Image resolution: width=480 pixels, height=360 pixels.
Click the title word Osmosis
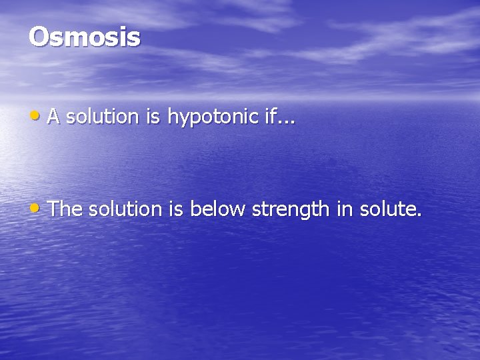tap(85, 37)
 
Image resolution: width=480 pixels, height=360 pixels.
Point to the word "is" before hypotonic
tap(152, 117)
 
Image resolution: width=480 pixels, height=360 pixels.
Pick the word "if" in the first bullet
tap(268, 117)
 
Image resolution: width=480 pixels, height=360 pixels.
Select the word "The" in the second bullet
tap(65, 209)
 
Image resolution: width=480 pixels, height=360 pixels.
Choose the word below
tap(217, 210)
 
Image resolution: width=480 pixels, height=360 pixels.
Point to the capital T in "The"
tap(54, 209)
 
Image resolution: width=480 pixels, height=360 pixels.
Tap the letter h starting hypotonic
tap(171, 117)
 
